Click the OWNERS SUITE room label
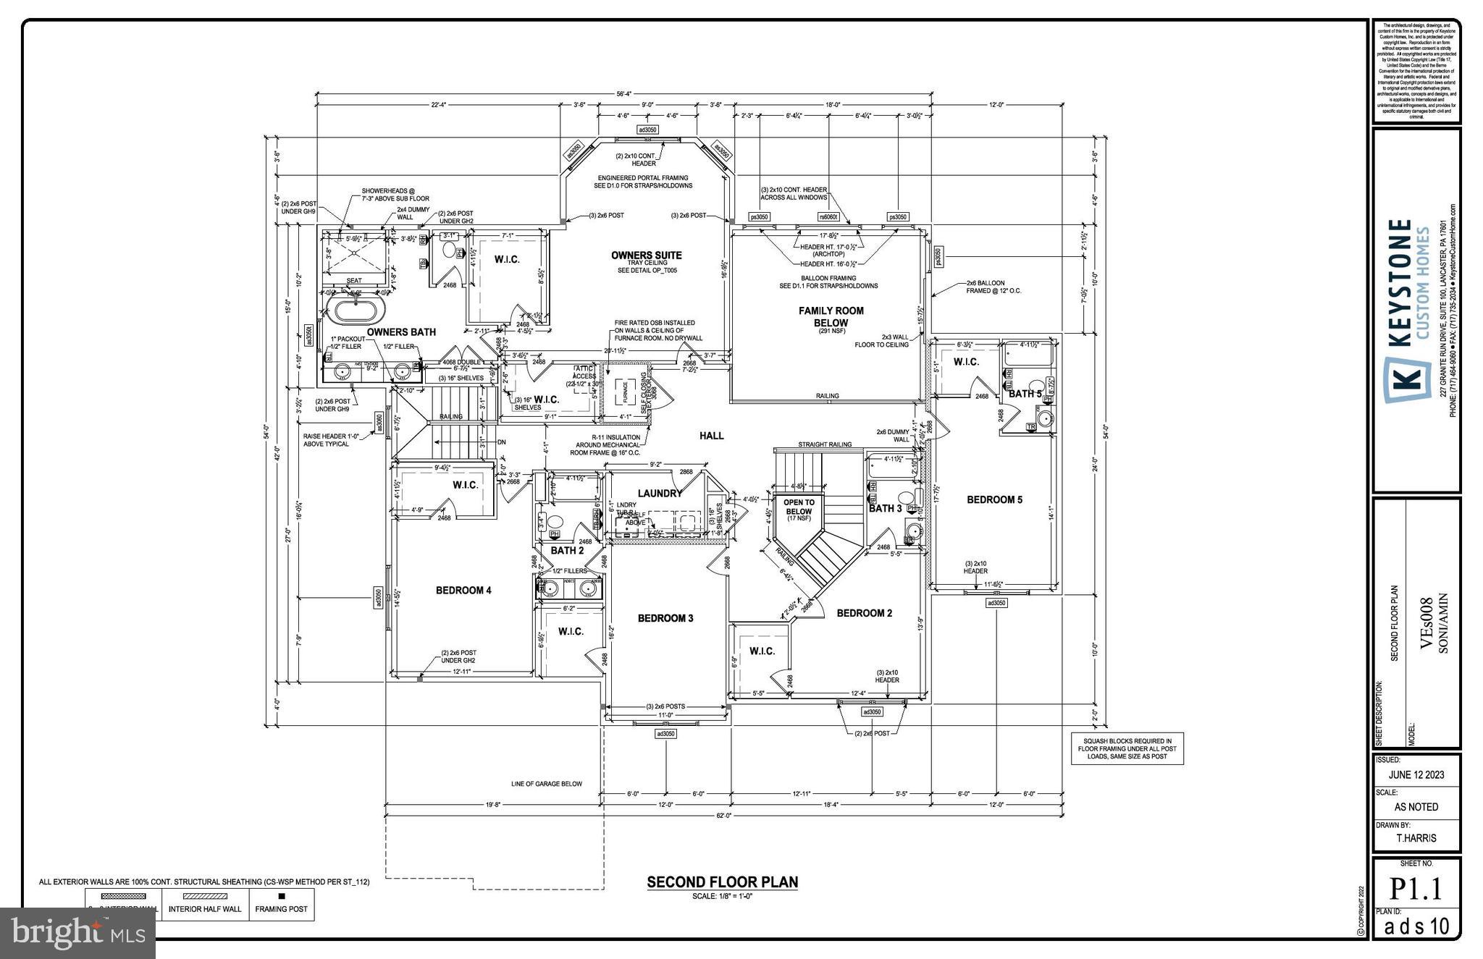coord(646,255)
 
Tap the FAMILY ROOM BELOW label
coord(831,317)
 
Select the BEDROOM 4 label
coord(463,591)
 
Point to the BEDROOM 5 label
coord(994,499)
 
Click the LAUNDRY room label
coord(660,494)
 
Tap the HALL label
coord(711,436)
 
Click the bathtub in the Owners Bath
coord(355,312)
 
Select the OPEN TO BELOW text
coord(799,507)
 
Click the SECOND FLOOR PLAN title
coord(722,882)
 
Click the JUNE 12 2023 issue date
coord(1416,774)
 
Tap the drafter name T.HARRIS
coord(1416,838)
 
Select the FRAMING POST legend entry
coord(282,905)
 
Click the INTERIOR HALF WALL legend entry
coord(205,909)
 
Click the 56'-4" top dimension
coord(623,93)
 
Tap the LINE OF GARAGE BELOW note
coord(546,784)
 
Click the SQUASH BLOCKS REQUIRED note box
coord(1127,748)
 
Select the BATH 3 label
coord(885,508)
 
